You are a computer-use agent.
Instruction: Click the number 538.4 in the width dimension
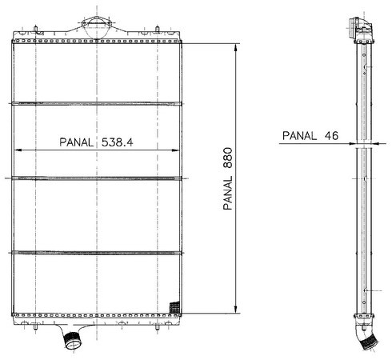point(117,142)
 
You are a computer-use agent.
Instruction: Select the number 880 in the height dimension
point(228,158)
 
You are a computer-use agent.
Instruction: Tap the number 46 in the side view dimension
point(331,136)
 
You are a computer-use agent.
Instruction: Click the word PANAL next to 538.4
point(77,142)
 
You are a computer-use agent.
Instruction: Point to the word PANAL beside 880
point(228,193)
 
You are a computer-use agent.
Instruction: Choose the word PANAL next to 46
point(299,136)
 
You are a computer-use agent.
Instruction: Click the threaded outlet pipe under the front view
point(72,341)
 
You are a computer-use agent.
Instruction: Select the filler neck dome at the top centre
point(96,27)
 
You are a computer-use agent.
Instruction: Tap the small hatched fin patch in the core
point(174,307)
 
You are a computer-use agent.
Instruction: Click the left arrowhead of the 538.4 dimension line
point(18,150)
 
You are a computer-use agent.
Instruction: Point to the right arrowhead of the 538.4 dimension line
point(176,150)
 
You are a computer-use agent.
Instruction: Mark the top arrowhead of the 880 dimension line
point(235,48)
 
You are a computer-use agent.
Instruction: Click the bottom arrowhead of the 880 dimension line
point(235,310)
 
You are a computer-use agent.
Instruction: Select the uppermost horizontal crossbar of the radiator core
point(97,103)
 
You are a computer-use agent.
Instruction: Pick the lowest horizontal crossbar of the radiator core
point(97,253)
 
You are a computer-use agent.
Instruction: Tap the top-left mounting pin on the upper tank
point(35,30)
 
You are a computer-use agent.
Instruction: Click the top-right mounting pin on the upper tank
point(158,30)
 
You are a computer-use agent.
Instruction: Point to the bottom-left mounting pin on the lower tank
point(35,326)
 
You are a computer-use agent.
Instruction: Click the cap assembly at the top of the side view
point(360,29)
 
